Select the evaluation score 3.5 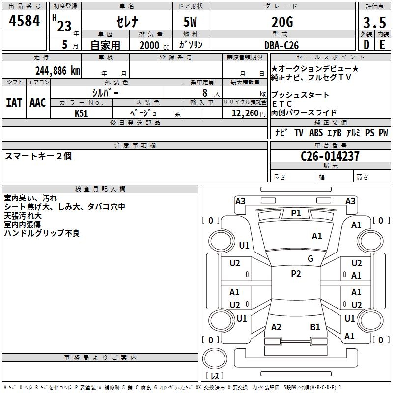point(374,22)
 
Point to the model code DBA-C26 point(281,45)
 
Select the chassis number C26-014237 point(330,156)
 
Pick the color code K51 point(82,113)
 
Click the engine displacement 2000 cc point(153,45)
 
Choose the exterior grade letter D point(366,45)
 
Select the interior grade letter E point(382,45)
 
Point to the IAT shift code point(14,103)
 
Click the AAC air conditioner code point(38,103)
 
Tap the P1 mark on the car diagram point(296,213)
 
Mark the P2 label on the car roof point(296,274)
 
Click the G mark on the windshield point(310,259)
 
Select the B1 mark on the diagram point(315,327)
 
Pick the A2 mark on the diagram point(276,327)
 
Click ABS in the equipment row point(316,133)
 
